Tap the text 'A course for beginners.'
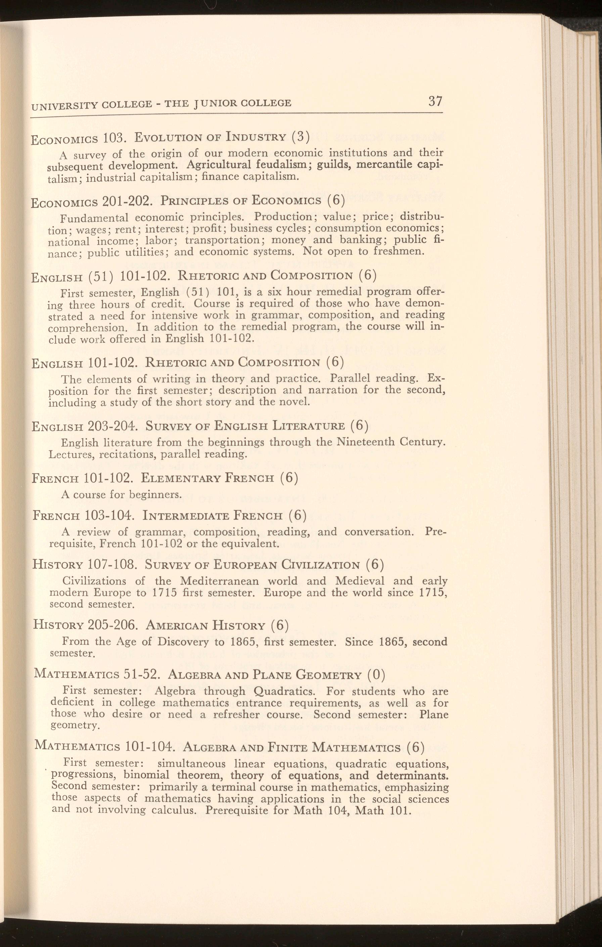[122, 494]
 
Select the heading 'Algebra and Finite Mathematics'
[292, 747]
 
